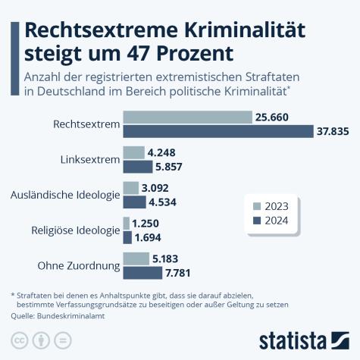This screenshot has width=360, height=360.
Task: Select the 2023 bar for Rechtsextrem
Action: tap(187, 117)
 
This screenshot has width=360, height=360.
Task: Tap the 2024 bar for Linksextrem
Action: tap(137, 167)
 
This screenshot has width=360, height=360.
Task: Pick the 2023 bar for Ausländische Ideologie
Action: tap(130, 187)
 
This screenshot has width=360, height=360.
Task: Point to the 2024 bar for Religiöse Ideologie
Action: tap(127, 237)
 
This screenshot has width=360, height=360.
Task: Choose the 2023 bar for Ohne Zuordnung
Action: tap(136, 258)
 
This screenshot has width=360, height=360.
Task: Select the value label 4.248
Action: tap(161, 152)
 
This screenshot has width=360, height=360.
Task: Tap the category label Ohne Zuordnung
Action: tap(78, 266)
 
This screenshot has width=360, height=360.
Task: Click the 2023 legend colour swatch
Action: tap(256, 205)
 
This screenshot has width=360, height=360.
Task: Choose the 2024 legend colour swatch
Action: tap(256, 221)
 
